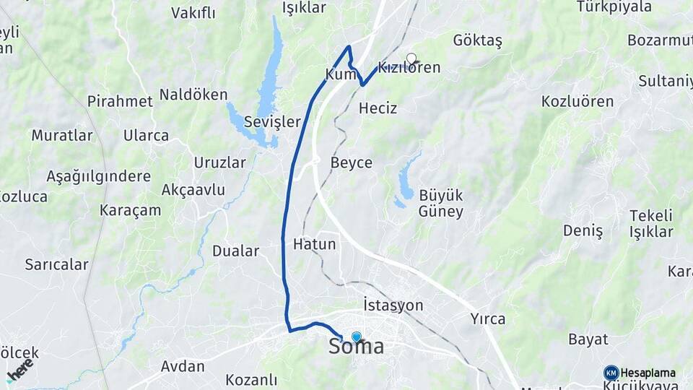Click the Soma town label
click(x=356, y=347)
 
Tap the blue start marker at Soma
click(x=356, y=337)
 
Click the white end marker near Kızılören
click(x=411, y=58)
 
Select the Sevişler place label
click(x=271, y=122)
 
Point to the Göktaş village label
click(x=477, y=40)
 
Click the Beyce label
click(x=351, y=162)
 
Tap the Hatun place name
click(x=314, y=244)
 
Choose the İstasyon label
click(x=393, y=305)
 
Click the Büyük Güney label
click(x=440, y=204)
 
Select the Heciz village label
click(x=378, y=108)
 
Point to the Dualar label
click(x=235, y=251)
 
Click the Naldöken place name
click(x=193, y=95)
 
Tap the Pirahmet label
click(x=120, y=101)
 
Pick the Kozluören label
click(x=577, y=101)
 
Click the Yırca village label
click(x=487, y=318)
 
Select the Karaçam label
click(x=131, y=210)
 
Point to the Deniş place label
click(x=582, y=231)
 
